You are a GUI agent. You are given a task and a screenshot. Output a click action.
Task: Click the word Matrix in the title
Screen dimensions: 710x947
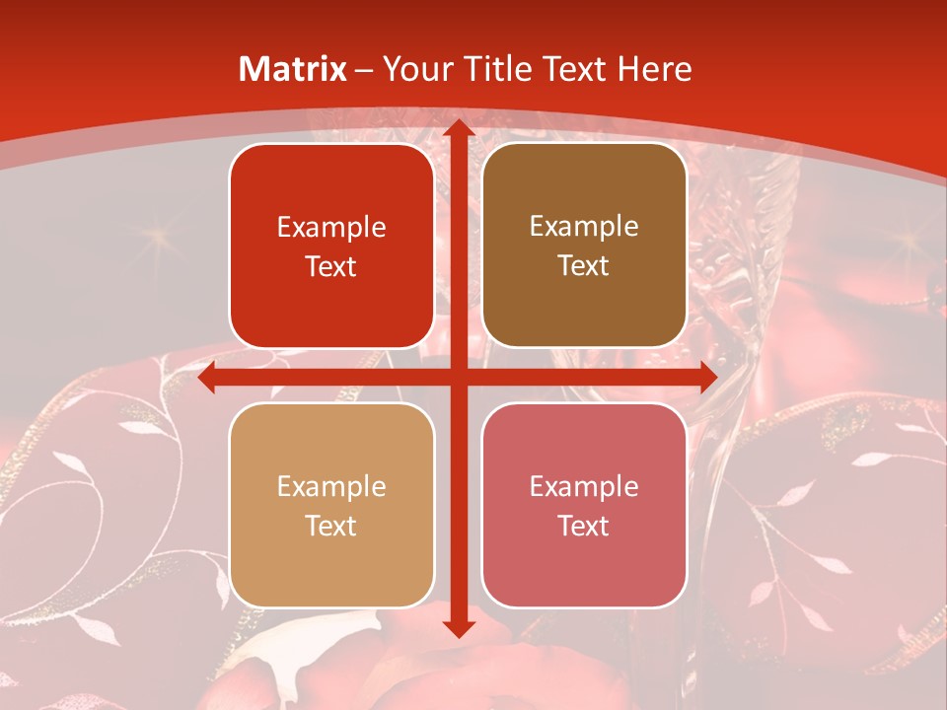[293, 69]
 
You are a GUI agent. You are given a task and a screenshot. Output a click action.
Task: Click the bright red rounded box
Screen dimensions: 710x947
[331, 246]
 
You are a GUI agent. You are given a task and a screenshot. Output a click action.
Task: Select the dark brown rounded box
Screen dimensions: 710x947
[584, 246]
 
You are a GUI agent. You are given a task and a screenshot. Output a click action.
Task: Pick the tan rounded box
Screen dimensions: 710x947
[331, 506]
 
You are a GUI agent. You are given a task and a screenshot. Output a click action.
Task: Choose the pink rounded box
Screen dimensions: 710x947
[584, 506]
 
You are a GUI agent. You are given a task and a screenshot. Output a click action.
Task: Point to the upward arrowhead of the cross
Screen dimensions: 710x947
[458, 128]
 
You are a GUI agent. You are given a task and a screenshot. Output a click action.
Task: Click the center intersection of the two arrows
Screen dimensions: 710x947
[458, 378]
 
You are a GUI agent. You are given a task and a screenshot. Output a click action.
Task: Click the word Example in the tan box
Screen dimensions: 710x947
[331, 486]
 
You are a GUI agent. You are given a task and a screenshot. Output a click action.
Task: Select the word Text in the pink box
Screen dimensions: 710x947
[584, 526]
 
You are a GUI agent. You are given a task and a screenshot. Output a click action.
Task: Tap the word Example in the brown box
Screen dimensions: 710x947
[584, 226]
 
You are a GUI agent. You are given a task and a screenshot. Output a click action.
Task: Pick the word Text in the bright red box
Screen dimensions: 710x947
[331, 266]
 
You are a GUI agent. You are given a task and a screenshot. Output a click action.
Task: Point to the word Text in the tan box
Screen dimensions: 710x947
[331, 526]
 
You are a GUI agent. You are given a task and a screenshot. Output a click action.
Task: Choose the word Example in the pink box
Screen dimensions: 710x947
[584, 486]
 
